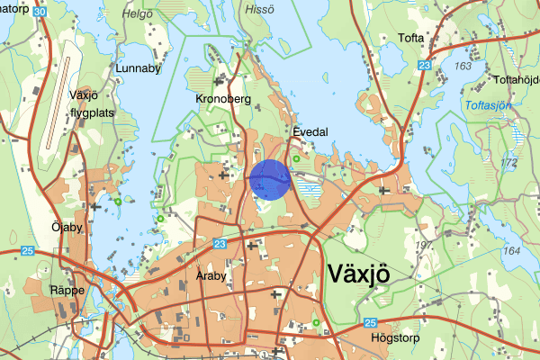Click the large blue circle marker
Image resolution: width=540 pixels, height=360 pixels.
coord(269,178)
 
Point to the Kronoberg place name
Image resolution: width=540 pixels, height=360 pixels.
coord(220,98)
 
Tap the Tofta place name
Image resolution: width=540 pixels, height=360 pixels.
coord(409,38)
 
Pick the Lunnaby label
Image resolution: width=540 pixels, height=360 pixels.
coord(138,67)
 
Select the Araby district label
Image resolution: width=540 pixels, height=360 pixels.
coord(210,277)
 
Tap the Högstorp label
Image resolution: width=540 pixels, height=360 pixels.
coord(395,338)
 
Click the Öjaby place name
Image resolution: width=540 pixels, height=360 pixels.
coord(67,228)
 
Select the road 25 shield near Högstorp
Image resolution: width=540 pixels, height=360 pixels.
coord(372,322)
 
